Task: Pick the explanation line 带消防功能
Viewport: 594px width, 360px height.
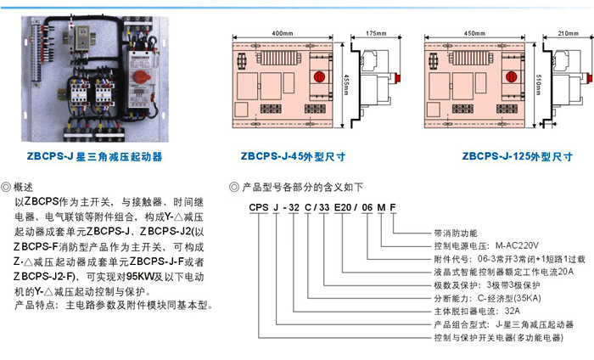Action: point(455,232)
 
